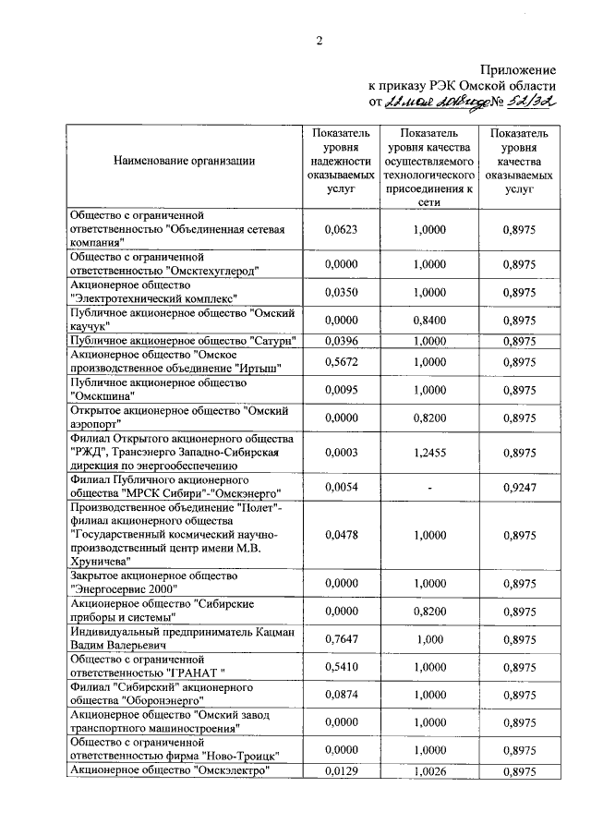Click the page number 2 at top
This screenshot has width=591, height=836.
[320, 40]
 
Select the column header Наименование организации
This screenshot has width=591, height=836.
[184, 160]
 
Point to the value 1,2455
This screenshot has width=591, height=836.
[429, 453]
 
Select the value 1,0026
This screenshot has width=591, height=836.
[429, 770]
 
